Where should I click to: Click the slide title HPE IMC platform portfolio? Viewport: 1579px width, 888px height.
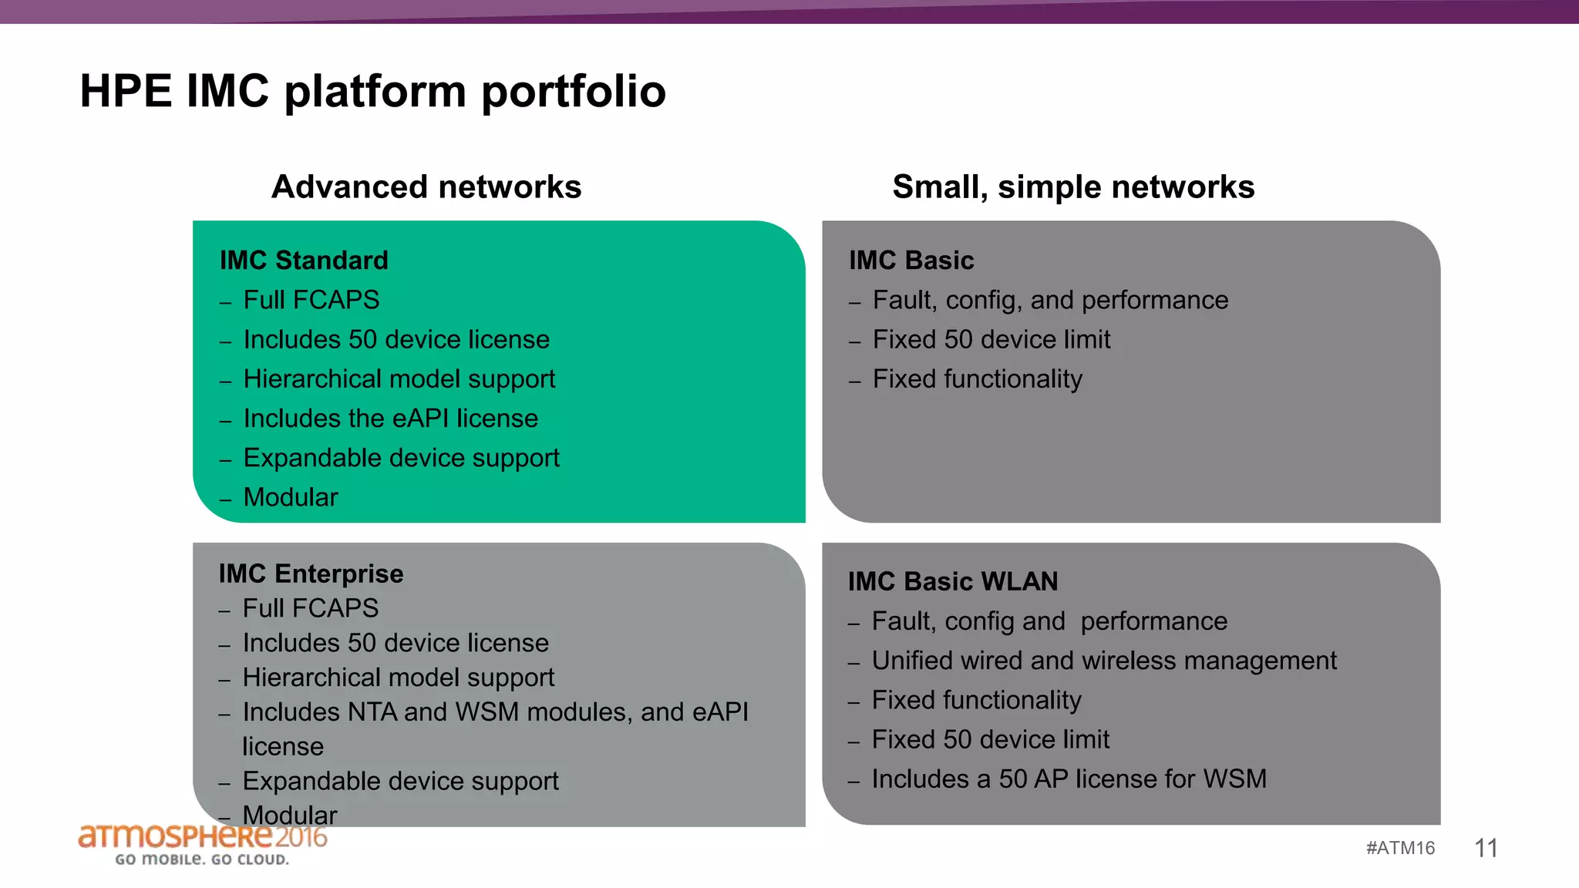(x=372, y=92)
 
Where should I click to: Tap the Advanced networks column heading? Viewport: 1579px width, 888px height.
(x=426, y=187)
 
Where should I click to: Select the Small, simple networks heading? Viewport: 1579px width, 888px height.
(x=1073, y=187)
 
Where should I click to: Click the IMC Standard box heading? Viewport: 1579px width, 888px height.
(x=304, y=261)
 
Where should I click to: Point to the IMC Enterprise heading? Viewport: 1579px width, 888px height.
(x=311, y=573)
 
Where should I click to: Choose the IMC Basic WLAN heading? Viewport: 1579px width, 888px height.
(x=953, y=581)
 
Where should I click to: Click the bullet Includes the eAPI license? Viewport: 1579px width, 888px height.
(x=390, y=419)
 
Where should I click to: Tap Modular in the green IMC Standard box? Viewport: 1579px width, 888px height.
(x=291, y=497)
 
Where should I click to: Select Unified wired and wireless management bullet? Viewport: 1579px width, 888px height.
(x=1104, y=661)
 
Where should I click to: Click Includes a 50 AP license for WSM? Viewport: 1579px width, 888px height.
(x=1069, y=779)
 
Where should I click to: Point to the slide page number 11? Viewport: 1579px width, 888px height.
(x=1486, y=848)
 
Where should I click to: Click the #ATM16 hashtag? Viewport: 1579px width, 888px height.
(x=1400, y=848)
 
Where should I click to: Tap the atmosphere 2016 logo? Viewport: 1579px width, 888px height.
(x=202, y=836)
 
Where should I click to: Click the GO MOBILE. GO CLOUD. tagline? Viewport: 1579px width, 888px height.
(x=202, y=859)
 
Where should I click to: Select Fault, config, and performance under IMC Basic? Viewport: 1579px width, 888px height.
(x=1050, y=300)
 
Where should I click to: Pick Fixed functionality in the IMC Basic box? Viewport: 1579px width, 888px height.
(x=977, y=379)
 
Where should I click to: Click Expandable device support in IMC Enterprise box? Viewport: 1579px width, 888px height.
(x=400, y=781)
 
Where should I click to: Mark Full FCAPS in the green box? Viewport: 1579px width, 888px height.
(x=311, y=300)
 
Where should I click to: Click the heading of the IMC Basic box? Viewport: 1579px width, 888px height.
(x=911, y=261)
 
